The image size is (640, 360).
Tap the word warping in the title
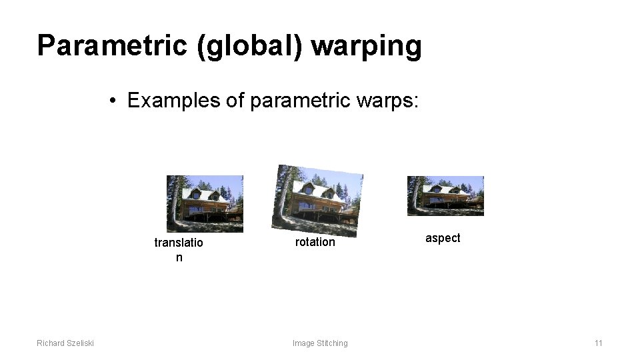(366, 46)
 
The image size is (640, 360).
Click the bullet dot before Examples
(115, 101)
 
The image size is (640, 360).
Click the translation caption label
(178, 243)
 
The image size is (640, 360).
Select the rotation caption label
(315, 242)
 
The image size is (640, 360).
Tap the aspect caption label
(443, 238)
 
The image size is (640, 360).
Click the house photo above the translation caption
(205, 203)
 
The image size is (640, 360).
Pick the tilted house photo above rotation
(317, 200)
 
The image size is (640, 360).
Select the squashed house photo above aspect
(445, 195)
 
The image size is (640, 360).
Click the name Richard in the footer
(51, 343)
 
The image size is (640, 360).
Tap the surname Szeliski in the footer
(80, 343)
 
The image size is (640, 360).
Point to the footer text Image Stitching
(320, 343)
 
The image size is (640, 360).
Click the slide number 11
(598, 343)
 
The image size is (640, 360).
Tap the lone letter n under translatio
(179, 257)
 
